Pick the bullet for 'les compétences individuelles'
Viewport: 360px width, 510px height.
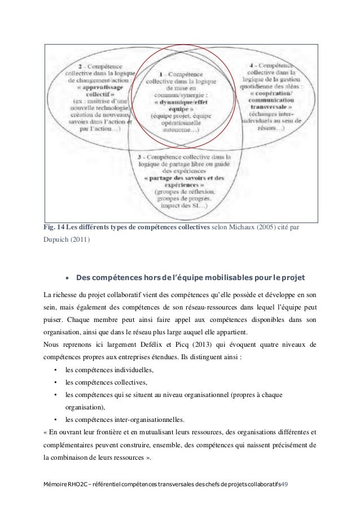point(54,370)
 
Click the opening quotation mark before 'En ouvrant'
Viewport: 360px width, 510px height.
point(45,432)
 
